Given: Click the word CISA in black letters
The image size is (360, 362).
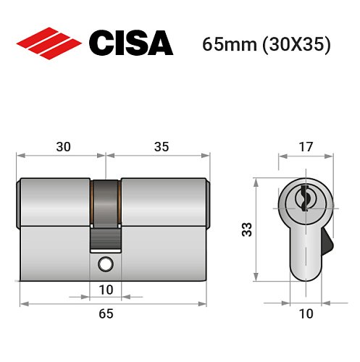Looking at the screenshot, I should (130, 43).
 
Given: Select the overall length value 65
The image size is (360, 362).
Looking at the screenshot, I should (106, 313).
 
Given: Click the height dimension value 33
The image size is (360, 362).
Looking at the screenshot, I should (248, 231).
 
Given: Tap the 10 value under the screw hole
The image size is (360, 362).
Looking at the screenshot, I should (106, 290).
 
